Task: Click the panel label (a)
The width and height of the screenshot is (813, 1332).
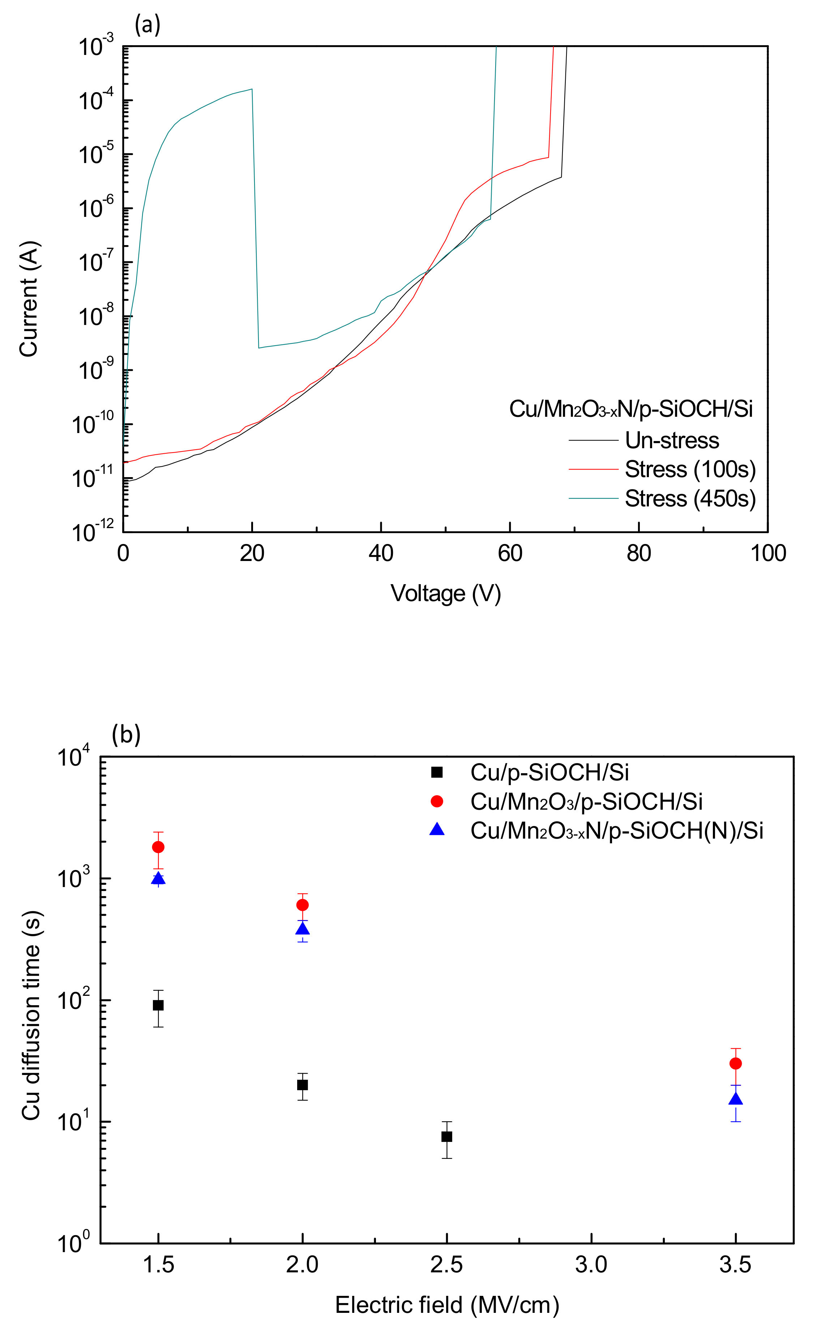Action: point(147,25)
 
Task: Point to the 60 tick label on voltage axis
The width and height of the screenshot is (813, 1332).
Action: point(510,553)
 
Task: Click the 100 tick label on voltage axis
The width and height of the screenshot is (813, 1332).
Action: point(767,553)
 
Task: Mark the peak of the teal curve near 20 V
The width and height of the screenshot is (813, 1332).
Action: point(251,89)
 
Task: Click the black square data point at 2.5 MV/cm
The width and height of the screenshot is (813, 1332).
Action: point(446,1136)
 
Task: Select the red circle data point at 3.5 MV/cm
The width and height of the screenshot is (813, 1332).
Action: point(735,1063)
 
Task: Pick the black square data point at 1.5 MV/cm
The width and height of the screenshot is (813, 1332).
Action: point(158,1006)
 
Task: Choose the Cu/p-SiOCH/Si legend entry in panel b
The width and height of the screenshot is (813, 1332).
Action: point(549,772)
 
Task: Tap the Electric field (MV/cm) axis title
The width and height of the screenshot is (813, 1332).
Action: point(446,1305)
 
